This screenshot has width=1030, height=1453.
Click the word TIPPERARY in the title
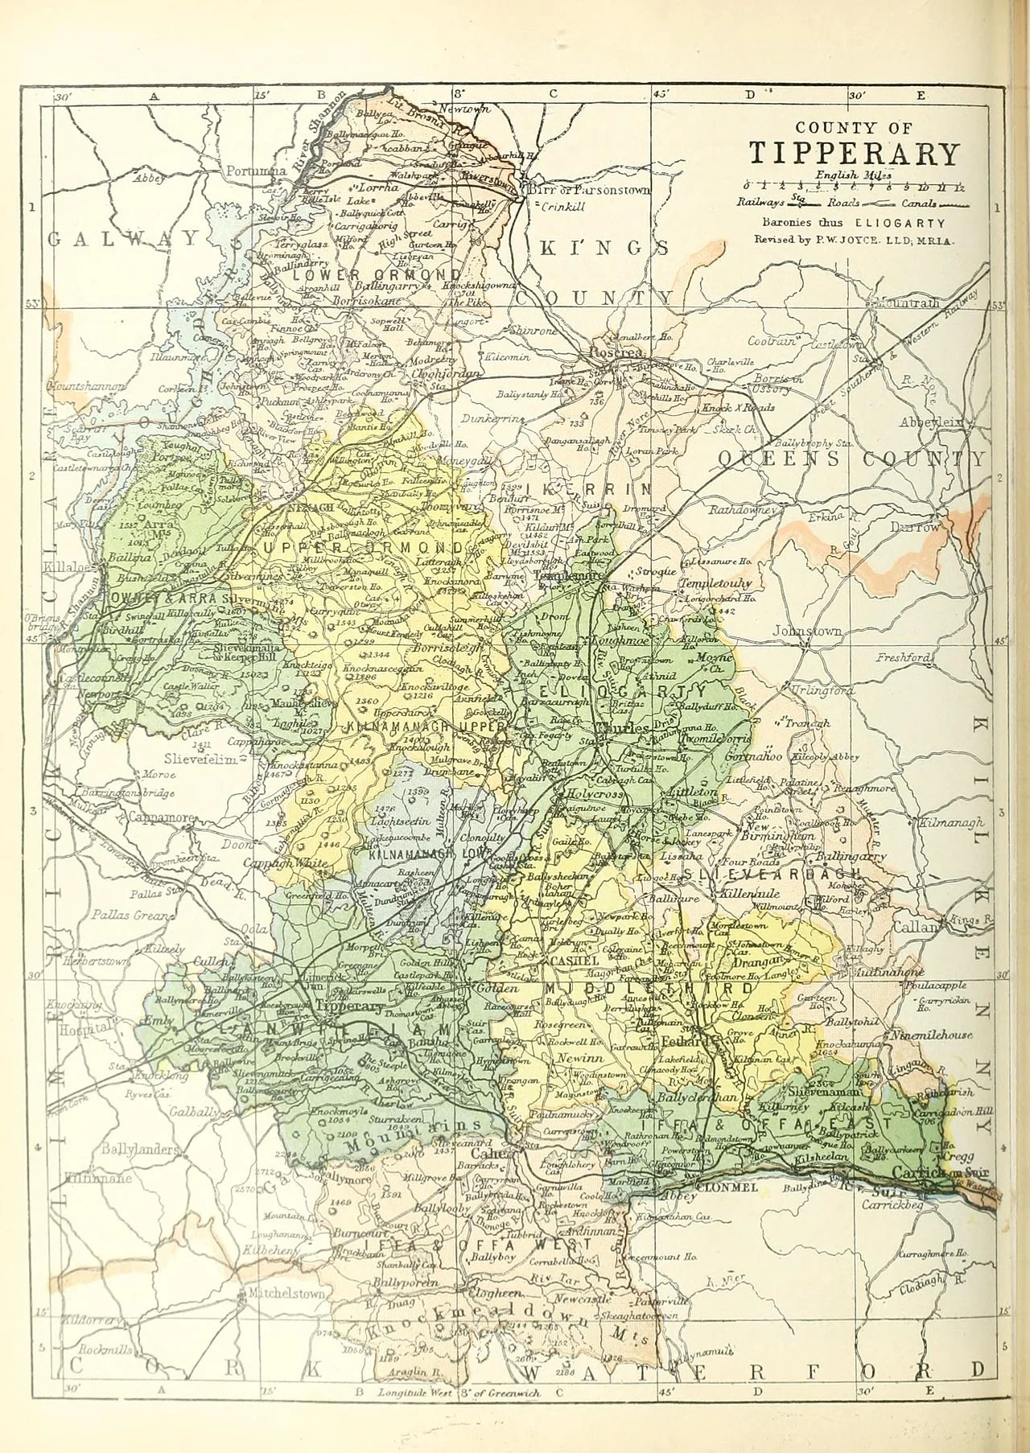854,153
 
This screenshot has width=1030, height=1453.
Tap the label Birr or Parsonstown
589,190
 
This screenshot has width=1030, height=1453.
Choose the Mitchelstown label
286,1295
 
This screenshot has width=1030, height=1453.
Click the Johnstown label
808,632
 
